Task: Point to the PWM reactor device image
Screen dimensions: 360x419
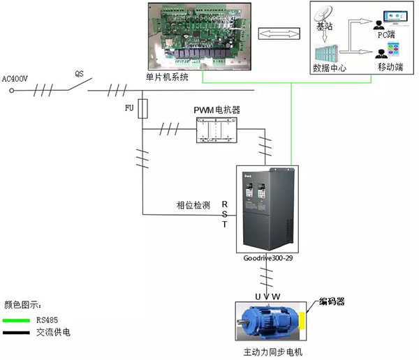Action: click(218, 130)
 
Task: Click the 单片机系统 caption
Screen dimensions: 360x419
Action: click(167, 77)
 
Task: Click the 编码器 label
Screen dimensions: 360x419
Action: click(333, 302)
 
